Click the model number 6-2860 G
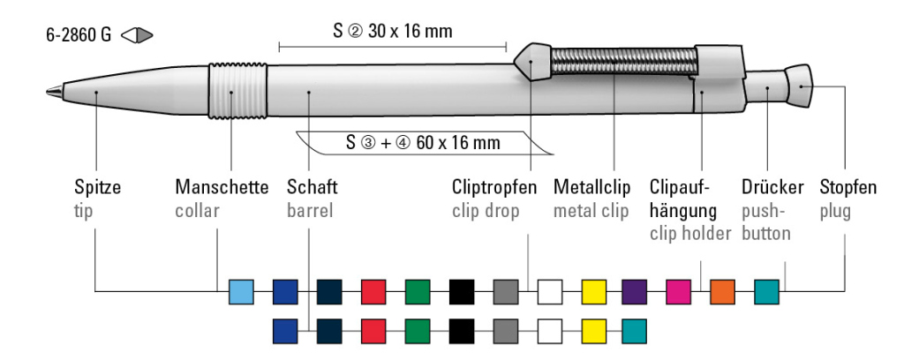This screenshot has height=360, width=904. (x=79, y=38)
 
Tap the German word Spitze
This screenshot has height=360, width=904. (x=97, y=189)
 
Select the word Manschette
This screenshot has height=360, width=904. (x=222, y=189)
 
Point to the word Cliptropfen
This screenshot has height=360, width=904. (x=494, y=189)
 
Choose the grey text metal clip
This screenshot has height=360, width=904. (x=591, y=212)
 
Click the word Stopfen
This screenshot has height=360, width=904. (x=847, y=189)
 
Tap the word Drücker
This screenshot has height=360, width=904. (x=772, y=189)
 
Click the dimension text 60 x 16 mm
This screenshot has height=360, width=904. (x=441, y=142)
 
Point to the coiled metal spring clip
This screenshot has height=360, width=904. (x=623, y=62)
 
